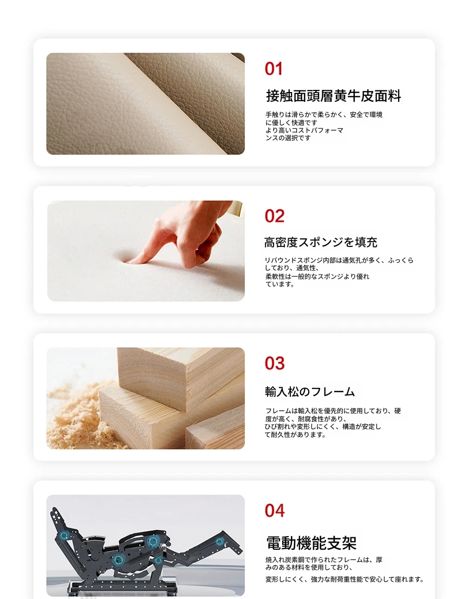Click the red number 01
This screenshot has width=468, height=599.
(274, 69)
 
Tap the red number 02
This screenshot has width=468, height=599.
(274, 216)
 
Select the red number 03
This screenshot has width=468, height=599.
(274, 363)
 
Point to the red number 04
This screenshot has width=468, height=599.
(274, 511)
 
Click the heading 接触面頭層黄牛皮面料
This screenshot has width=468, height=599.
(333, 96)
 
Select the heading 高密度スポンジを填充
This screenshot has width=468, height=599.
(321, 242)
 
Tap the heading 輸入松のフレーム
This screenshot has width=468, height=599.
(310, 392)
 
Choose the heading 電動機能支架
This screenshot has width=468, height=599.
(311, 543)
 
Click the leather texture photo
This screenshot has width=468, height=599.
(146, 103)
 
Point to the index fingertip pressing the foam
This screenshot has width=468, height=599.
(131, 261)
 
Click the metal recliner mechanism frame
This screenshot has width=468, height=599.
(145, 550)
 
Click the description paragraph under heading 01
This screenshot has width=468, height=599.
(324, 126)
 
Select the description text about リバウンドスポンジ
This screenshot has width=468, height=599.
(339, 272)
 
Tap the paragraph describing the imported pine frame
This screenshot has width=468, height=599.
(333, 422)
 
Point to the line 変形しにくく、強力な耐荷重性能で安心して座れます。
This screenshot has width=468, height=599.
(344, 580)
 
